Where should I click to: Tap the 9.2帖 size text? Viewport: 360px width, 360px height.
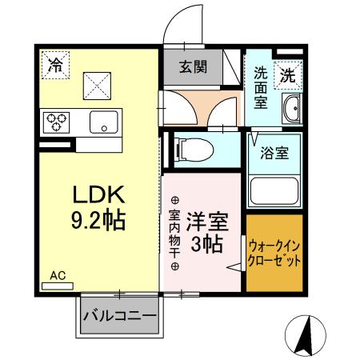click(x=99, y=220)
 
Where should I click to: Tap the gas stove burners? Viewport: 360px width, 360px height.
click(x=59, y=122)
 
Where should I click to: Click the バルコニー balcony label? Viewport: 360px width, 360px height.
click(x=120, y=315)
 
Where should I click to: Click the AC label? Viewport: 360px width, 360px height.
click(x=57, y=274)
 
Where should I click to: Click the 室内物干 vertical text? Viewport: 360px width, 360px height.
click(x=174, y=232)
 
